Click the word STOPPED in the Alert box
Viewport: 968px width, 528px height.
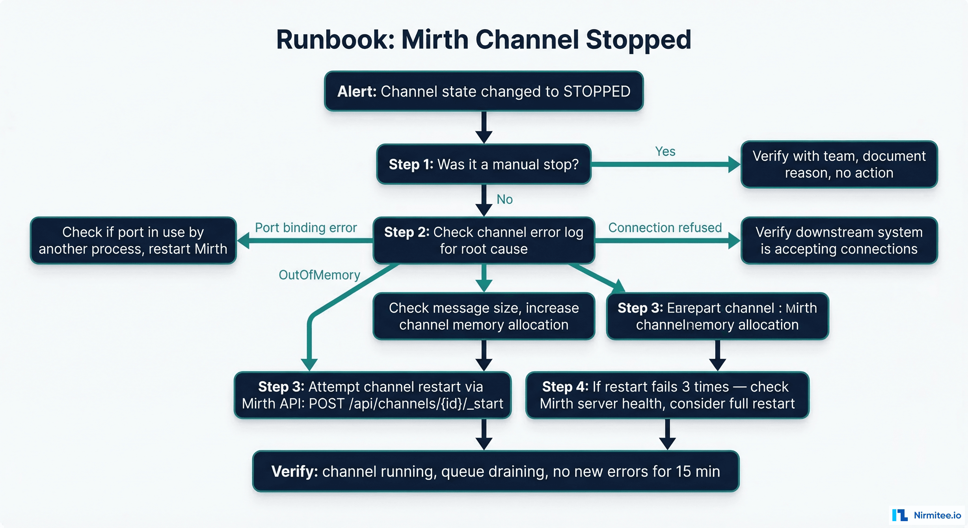tap(597, 91)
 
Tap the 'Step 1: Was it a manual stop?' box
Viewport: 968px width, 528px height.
tap(484, 164)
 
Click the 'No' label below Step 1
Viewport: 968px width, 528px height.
tap(504, 199)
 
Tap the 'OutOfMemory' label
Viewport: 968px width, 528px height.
tap(319, 275)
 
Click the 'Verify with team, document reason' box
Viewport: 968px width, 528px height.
tap(839, 164)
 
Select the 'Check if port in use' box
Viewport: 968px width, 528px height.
tap(133, 241)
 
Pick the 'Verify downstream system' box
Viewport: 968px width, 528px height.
tap(839, 241)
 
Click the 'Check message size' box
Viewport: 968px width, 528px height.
tap(484, 316)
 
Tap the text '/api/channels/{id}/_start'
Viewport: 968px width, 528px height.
tap(426, 404)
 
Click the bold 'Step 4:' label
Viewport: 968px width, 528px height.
tap(565, 386)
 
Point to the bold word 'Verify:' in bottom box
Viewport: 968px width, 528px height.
tap(294, 471)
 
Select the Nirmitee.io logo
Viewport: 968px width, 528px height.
tap(927, 515)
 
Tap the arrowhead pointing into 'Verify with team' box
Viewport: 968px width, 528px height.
tap(734, 164)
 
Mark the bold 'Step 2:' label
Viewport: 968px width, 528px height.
tap(407, 232)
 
